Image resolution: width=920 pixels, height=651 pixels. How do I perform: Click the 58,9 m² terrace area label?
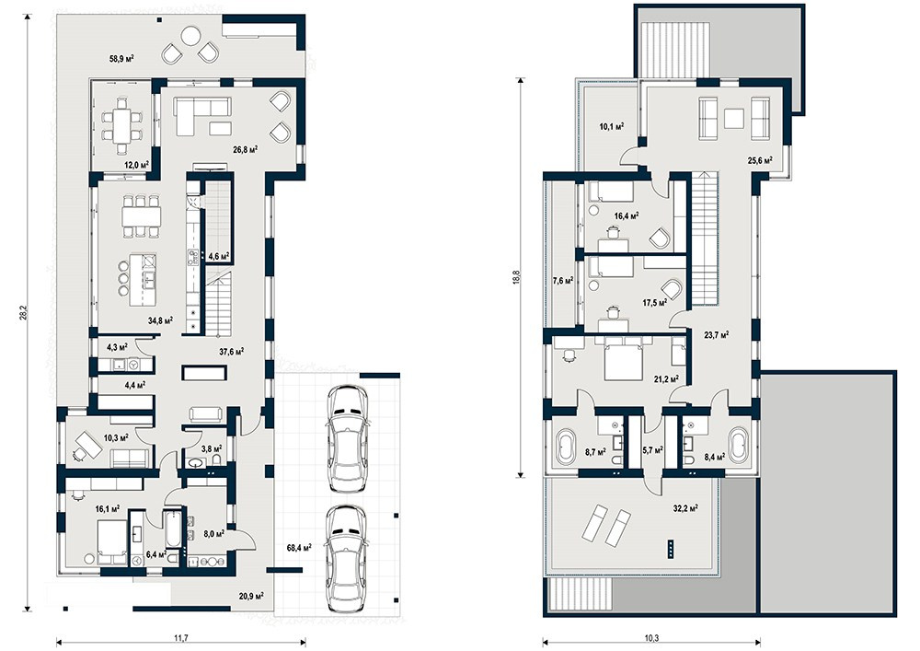121,58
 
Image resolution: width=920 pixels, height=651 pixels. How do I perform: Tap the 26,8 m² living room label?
246,150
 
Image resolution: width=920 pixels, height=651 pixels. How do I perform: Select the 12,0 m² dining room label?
136,165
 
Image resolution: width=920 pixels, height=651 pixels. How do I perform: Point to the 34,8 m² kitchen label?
160,320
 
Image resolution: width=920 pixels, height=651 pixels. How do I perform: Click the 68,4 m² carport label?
299,548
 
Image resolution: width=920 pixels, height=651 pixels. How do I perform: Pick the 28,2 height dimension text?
23,313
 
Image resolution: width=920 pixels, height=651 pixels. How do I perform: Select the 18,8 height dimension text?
516,277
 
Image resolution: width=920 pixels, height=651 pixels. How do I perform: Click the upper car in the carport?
346,438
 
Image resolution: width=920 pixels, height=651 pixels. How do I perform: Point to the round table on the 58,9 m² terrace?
190,37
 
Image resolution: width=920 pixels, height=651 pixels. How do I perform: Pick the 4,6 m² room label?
218,256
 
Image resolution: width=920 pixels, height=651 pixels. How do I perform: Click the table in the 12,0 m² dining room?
122,125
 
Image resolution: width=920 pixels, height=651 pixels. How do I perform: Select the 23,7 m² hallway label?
717,335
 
